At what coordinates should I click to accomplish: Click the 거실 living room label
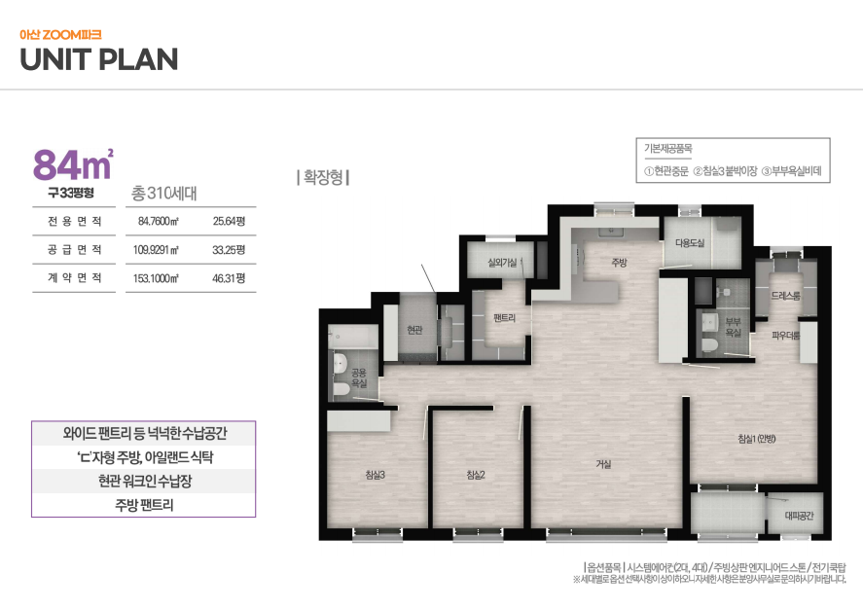pyautogui.click(x=604, y=464)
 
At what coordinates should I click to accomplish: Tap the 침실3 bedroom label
pyautogui.click(x=376, y=475)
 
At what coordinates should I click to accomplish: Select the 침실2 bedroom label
pyautogui.click(x=476, y=475)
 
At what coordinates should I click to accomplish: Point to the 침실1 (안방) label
pyautogui.click(x=757, y=439)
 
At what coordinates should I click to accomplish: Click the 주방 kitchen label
pyautogui.click(x=619, y=263)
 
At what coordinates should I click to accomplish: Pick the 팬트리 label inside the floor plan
pyautogui.click(x=504, y=317)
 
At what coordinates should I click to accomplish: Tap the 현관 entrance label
pyautogui.click(x=414, y=330)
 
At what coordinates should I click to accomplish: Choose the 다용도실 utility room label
pyautogui.click(x=690, y=243)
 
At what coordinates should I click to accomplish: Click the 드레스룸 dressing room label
pyautogui.click(x=785, y=296)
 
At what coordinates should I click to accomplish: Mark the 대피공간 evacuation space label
pyautogui.click(x=799, y=516)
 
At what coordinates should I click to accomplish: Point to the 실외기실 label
pyautogui.click(x=502, y=263)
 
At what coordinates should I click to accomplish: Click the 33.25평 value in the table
pyautogui.click(x=229, y=250)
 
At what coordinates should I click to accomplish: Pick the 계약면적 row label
pyautogui.click(x=74, y=278)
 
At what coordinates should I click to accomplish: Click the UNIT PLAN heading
pyautogui.click(x=99, y=59)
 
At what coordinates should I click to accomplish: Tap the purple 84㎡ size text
pyautogui.click(x=73, y=164)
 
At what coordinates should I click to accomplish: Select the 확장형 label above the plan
pyautogui.click(x=324, y=177)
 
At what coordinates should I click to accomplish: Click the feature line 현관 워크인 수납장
pyautogui.click(x=145, y=481)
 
